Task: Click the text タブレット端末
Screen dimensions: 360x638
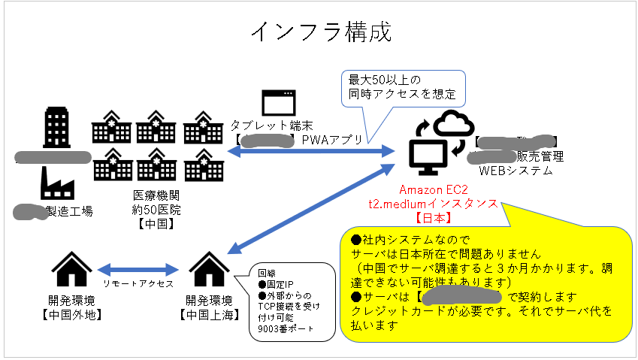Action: [x=271, y=126]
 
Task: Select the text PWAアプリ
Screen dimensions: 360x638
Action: [x=332, y=140]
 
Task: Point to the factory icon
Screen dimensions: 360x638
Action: [x=53, y=183]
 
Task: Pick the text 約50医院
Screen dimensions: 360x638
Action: [x=156, y=209]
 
